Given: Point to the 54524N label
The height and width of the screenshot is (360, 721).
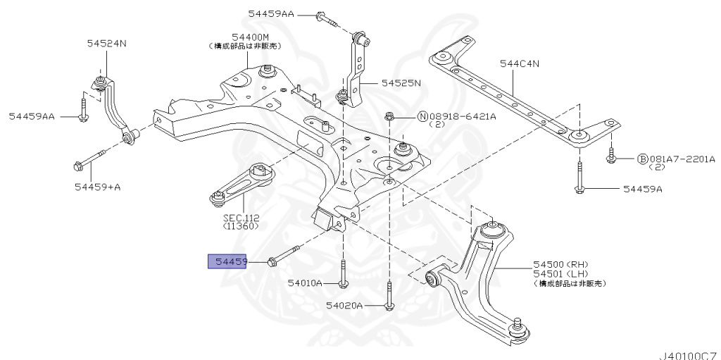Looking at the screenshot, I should [x=106, y=43].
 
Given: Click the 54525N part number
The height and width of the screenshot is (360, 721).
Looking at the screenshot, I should [x=401, y=82].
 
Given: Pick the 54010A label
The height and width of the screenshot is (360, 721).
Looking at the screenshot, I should [x=304, y=283].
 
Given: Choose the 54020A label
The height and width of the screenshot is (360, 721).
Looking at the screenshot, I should [x=344, y=306].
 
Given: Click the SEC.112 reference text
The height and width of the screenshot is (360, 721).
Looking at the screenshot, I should [x=239, y=218].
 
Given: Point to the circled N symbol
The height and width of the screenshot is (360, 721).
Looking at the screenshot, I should [x=423, y=117].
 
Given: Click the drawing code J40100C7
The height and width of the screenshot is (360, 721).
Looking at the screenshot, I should [x=687, y=354].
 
